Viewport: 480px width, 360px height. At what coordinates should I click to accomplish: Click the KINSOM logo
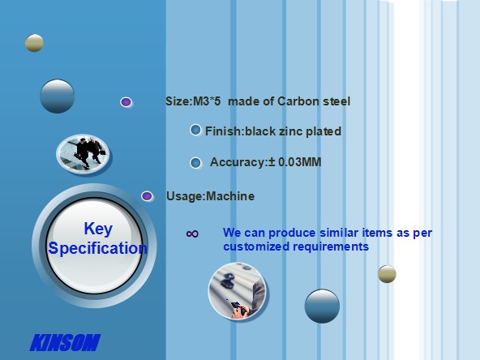click(x=65, y=342)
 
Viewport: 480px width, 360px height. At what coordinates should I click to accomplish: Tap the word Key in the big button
click(x=98, y=229)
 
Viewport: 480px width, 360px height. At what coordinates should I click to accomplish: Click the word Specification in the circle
click(x=97, y=248)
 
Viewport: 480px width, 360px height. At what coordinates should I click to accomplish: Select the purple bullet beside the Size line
click(x=126, y=102)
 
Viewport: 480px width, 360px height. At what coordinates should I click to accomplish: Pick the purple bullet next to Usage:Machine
click(x=147, y=196)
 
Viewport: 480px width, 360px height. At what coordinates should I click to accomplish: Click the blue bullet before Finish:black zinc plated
click(x=195, y=130)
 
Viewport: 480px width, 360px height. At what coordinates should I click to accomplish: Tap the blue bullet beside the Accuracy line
click(x=195, y=162)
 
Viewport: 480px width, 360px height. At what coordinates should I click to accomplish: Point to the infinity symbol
click(x=192, y=234)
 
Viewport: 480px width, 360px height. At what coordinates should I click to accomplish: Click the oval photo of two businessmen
click(x=83, y=153)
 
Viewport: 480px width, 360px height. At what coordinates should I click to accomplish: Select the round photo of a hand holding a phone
click(x=237, y=290)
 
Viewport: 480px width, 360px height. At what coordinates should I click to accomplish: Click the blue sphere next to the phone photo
click(x=322, y=306)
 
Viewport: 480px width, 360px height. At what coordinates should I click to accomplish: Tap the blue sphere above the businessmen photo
click(x=58, y=96)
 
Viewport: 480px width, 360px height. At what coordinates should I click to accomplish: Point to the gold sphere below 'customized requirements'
click(x=387, y=274)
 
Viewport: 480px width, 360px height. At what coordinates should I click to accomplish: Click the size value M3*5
click(x=206, y=101)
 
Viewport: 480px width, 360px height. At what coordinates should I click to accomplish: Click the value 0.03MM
click(x=300, y=162)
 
